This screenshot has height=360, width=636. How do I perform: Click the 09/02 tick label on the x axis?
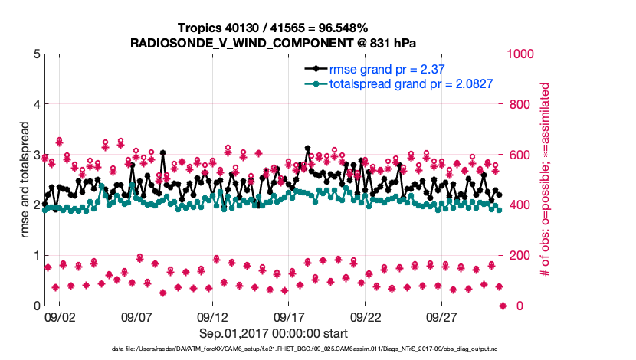[59, 316]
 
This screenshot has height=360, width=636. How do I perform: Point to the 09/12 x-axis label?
[212, 316]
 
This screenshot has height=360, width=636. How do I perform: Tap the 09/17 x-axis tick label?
[289, 316]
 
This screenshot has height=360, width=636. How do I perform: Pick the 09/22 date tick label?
[366, 316]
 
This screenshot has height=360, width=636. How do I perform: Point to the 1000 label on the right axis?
[523, 54]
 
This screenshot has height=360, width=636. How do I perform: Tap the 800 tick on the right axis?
[520, 104]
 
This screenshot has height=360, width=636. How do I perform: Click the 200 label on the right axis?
[520, 255]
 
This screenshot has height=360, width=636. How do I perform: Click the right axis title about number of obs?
[546, 179]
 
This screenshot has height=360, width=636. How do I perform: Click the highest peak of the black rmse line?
[307, 148]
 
